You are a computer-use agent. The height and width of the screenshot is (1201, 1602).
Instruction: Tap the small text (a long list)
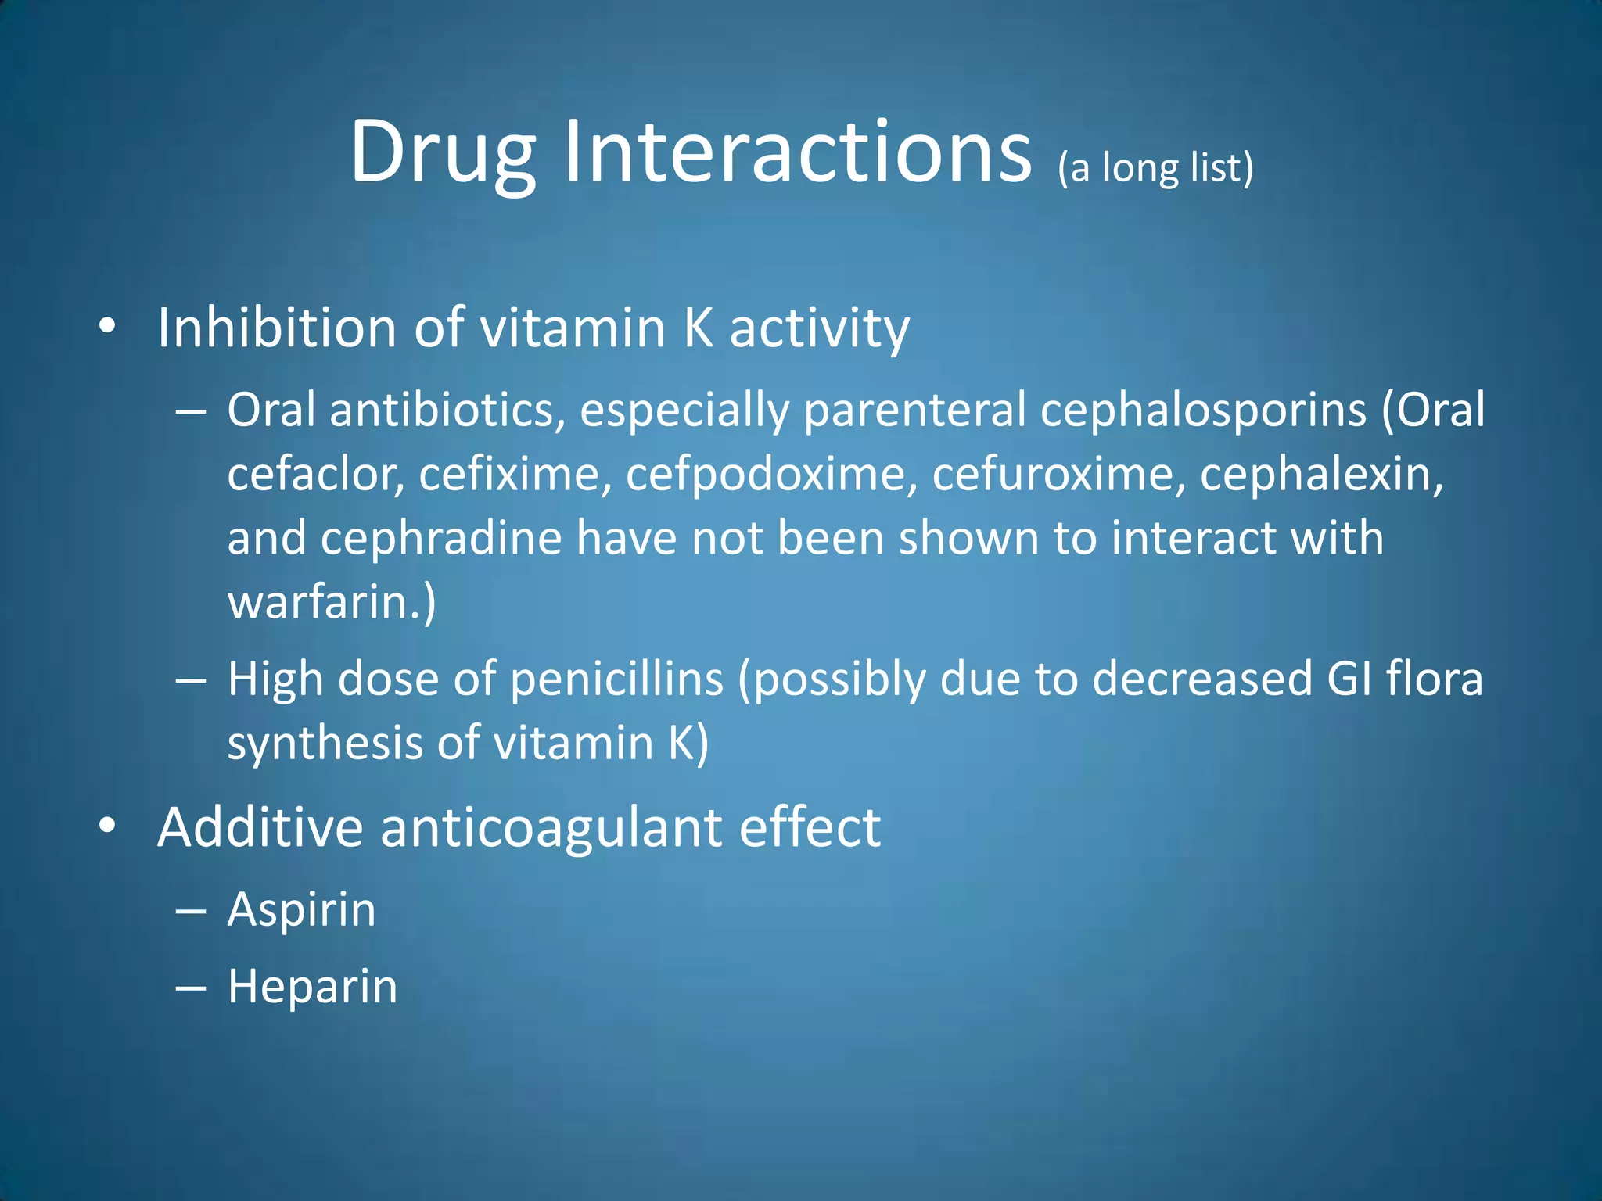(x=1155, y=168)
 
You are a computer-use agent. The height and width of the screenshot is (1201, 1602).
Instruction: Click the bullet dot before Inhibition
(x=108, y=327)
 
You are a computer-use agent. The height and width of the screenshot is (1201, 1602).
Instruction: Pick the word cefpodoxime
(x=770, y=475)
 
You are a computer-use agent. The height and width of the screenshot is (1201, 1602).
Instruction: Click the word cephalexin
(x=1321, y=475)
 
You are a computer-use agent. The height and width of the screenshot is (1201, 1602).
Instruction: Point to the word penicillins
(x=616, y=679)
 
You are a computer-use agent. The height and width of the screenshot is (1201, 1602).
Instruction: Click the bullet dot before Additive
(x=108, y=826)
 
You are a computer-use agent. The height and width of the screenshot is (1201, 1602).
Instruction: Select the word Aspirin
(x=301, y=910)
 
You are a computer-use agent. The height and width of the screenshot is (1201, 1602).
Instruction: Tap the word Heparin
(x=312, y=987)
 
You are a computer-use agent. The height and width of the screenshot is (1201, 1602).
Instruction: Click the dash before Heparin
(x=191, y=988)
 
